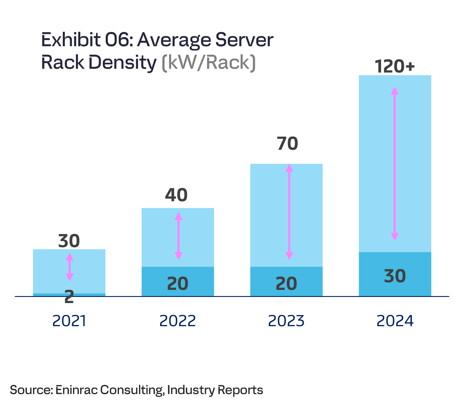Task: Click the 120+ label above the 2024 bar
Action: pyautogui.click(x=395, y=66)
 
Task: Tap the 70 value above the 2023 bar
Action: pyautogui.click(x=288, y=144)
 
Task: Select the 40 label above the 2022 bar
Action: pyautogui.click(x=176, y=195)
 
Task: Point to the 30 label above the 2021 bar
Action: pyautogui.click(x=69, y=241)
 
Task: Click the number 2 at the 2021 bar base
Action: pyautogui.click(x=69, y=297)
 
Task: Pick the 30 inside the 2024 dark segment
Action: pyautogui.click(x=395, y=276)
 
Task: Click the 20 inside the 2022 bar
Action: pyautogui.click(x=178, y=284)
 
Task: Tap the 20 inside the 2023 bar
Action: pyautogui.click(x=286, y=284)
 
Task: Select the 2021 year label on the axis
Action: pyautogui.click(x=69, y=321)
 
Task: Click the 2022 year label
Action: pyautogui.click(x=178, y=321)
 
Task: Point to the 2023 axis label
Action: pyautogui.click(x=286, y=321)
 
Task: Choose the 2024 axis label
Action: pyautogui.click(x=395, y=321)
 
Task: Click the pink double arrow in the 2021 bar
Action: pyautogui.click(x=69, y=267)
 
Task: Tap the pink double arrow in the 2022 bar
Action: pyautogui.click(x=178, y=236)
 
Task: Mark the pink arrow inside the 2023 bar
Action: pyautogui.click(x=289, y=212)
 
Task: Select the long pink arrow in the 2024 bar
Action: pyautogui.click(x=395, y=164)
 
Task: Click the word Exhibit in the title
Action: pyautogui.click(x=71, y=40)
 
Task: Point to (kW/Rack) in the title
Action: pyautogui.click(x=209, y=63)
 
